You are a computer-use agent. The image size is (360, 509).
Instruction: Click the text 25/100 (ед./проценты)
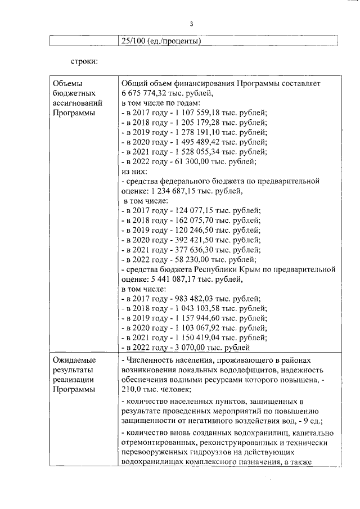(x=161, y=40)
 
